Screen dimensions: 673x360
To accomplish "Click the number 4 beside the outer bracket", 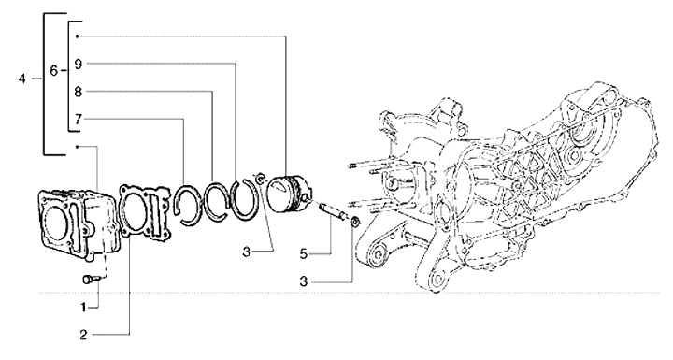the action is (22, 79).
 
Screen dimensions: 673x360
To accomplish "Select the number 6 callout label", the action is (53, 70).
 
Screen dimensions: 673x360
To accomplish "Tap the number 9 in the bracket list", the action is (78, 64).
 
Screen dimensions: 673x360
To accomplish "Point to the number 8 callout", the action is (78, 92).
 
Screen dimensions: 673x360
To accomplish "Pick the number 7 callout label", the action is (78, 119).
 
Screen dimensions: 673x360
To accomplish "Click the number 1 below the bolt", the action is (83, 307).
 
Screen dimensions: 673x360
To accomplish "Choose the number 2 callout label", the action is (83, 335).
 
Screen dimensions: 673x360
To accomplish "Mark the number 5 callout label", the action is (304, 254).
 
